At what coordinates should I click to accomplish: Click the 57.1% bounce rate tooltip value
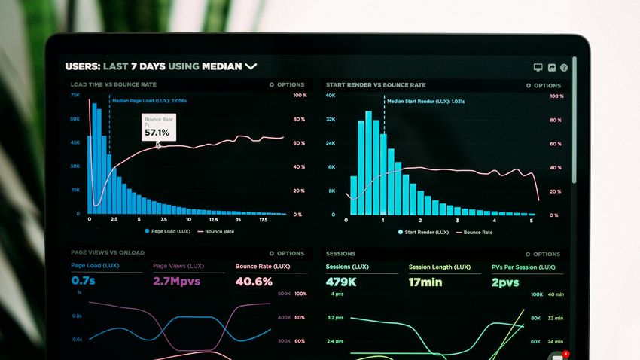[x=157, y=133]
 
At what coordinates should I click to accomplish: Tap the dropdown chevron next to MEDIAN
[x=251, y=66]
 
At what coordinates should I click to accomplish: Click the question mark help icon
[x=564, y=68]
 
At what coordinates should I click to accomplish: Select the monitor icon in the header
[x=538, y=68]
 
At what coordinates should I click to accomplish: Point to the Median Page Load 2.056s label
[x=149, y=100]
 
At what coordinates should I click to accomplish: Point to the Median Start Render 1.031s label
[x=425, y=101]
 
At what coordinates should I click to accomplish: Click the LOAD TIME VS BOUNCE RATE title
[x=114, y=85]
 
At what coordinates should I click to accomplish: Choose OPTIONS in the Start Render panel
[x=543, y=86]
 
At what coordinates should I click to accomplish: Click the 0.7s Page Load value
[x=84, y=281]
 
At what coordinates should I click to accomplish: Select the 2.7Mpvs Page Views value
[x=177, y=281]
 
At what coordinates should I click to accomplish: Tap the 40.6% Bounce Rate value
[x=254, y=281]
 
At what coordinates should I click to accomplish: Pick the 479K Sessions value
[x=341, y=282]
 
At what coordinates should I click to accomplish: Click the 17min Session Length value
[x=425, y=282]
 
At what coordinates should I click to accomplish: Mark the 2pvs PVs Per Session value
[x=505, y=282]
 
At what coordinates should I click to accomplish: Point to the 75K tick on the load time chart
[x=75, y=96]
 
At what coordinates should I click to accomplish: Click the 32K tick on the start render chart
[x=331, y=120]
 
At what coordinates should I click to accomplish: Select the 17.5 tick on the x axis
[x=264, y=220]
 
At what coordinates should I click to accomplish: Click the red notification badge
[x=565, y=354]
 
